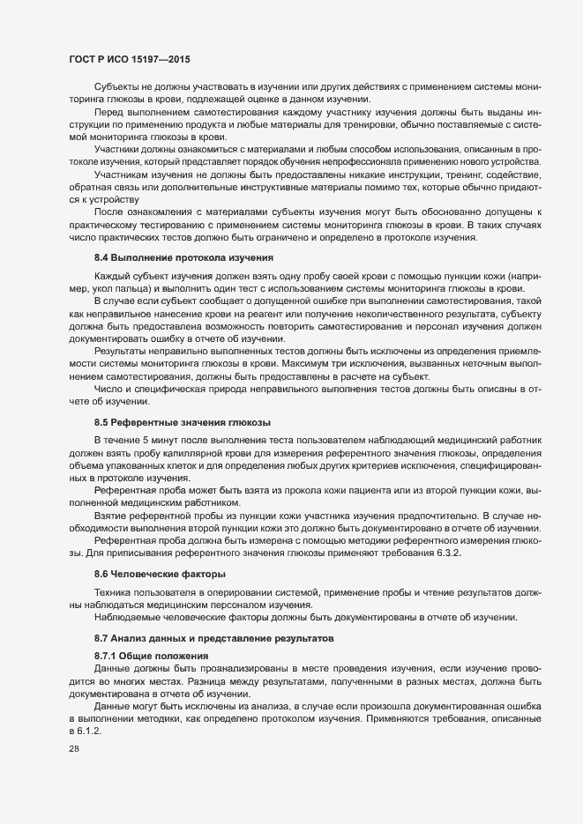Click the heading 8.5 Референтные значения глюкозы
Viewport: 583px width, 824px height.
(182, 422)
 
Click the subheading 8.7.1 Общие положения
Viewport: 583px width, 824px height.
(151, 656)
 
